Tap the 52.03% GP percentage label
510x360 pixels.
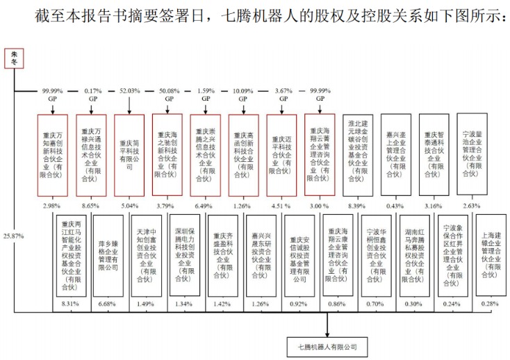click(129, 91)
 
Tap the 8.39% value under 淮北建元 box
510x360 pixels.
click(359, 206)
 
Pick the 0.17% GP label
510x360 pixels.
click(91, 91)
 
